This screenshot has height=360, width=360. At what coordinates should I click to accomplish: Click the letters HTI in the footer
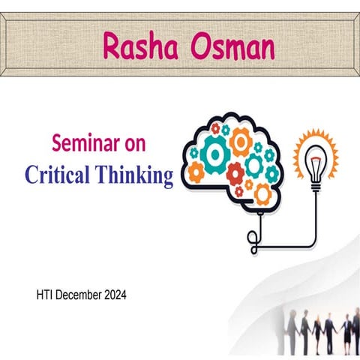pyautogui.click(x=45, y=295)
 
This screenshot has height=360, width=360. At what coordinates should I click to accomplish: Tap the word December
pyautogui.click(x=81, y=295)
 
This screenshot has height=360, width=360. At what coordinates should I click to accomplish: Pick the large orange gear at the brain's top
pyautogui.click(x=241, y=140)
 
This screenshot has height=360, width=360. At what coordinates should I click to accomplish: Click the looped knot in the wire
pyautogui.click(x=253, y=238)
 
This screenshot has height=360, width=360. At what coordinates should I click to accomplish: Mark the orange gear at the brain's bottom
pyautogui.click(x=262, y=194)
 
